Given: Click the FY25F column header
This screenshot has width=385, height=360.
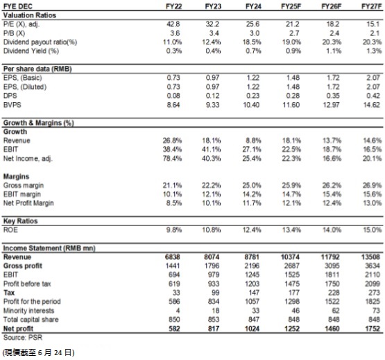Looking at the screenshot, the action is click(291, 6).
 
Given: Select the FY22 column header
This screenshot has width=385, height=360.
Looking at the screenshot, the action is click(173, 6).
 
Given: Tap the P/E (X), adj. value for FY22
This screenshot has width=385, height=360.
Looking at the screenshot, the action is click(173, 24).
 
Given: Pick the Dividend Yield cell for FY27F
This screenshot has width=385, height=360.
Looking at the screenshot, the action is click(374, 51).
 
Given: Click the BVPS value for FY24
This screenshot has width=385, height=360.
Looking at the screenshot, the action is click(251, 105).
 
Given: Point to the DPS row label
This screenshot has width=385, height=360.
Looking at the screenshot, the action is click(10, 96).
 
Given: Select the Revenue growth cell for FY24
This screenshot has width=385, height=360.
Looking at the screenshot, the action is click(253, 141).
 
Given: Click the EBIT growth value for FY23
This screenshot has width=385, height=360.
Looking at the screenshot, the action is click(212, 149).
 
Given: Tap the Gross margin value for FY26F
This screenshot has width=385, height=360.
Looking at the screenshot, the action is click(332, 185).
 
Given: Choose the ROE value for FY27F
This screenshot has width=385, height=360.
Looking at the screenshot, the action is click(373, 230).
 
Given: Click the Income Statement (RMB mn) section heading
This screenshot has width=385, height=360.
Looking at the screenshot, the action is click(49, 248).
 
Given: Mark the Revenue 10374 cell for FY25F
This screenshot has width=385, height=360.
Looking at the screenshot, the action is click(290, 257).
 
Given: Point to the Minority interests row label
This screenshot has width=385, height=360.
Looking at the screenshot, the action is click(28, 311).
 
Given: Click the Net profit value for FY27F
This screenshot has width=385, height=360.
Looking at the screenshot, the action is click(373, 329).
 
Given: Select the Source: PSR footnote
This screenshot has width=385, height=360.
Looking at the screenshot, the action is click(23, 337).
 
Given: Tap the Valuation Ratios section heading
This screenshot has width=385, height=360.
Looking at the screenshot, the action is click(30, 15).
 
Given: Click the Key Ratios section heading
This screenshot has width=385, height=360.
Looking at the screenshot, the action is click(20, 221).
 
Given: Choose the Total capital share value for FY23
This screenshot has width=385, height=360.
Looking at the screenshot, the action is click(214, 320).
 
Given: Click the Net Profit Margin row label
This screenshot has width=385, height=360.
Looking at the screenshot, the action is click(28, 203).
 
